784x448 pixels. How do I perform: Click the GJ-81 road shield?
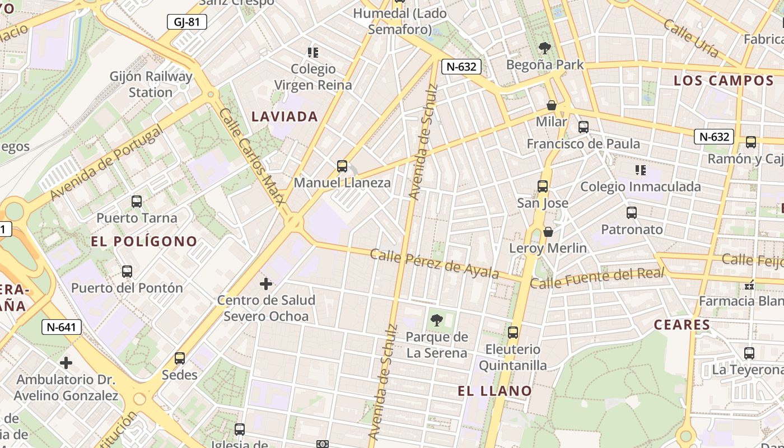(x=187, y=22)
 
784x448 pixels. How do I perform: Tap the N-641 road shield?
(x=62, y=327)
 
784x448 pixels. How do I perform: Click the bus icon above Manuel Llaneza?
(x=342, y=166)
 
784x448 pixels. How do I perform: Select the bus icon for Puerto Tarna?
(x=137, y=202)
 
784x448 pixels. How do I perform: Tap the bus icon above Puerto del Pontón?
(x=127, y=272)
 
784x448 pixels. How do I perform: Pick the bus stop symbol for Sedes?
(x=180, y=358)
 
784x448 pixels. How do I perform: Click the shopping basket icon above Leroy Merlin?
(x=548, y=232)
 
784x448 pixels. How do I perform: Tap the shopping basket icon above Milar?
(x=552, y=105)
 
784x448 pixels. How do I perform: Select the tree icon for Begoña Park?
(x=544, y=48)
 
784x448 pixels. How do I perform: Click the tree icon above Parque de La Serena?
(x=437, y=321)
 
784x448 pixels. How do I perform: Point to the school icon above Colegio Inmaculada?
(x=641, y=170)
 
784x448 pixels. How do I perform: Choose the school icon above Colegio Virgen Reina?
(x=313, y=53)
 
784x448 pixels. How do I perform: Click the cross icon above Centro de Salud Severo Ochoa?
(x=266, y=284)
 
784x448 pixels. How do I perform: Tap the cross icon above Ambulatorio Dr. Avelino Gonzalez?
(x=66, y=363)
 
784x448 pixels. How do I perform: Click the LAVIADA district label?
(x=284, y=116)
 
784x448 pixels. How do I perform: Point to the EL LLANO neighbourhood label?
(x=495, y=391)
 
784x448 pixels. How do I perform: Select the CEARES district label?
(x=682, y=325)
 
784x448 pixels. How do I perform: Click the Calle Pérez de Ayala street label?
(x=435, y=263)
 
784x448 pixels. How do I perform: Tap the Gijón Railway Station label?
(x=151, y=84)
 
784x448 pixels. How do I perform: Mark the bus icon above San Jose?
(x=543, y=186)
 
